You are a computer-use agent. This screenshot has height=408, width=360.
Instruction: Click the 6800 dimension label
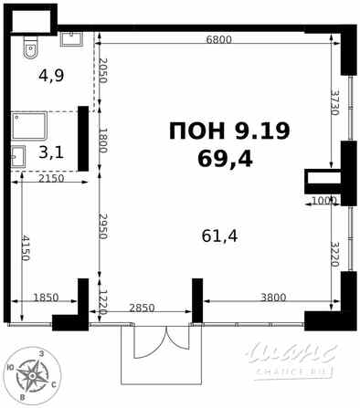coord(219,39)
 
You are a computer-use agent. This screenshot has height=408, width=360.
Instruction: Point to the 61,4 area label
coord(219,236)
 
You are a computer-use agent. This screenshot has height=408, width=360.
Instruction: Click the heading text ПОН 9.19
coord(229,131)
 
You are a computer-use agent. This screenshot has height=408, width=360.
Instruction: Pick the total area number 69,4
coord(225,159)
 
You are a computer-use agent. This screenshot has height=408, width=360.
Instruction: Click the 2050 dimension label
coord(103,70)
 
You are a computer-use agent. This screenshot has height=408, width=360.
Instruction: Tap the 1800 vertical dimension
coord(103,141)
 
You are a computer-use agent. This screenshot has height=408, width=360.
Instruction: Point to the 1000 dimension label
coord(324,201)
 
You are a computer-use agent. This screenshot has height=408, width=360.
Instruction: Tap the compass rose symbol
coord(35,374)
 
